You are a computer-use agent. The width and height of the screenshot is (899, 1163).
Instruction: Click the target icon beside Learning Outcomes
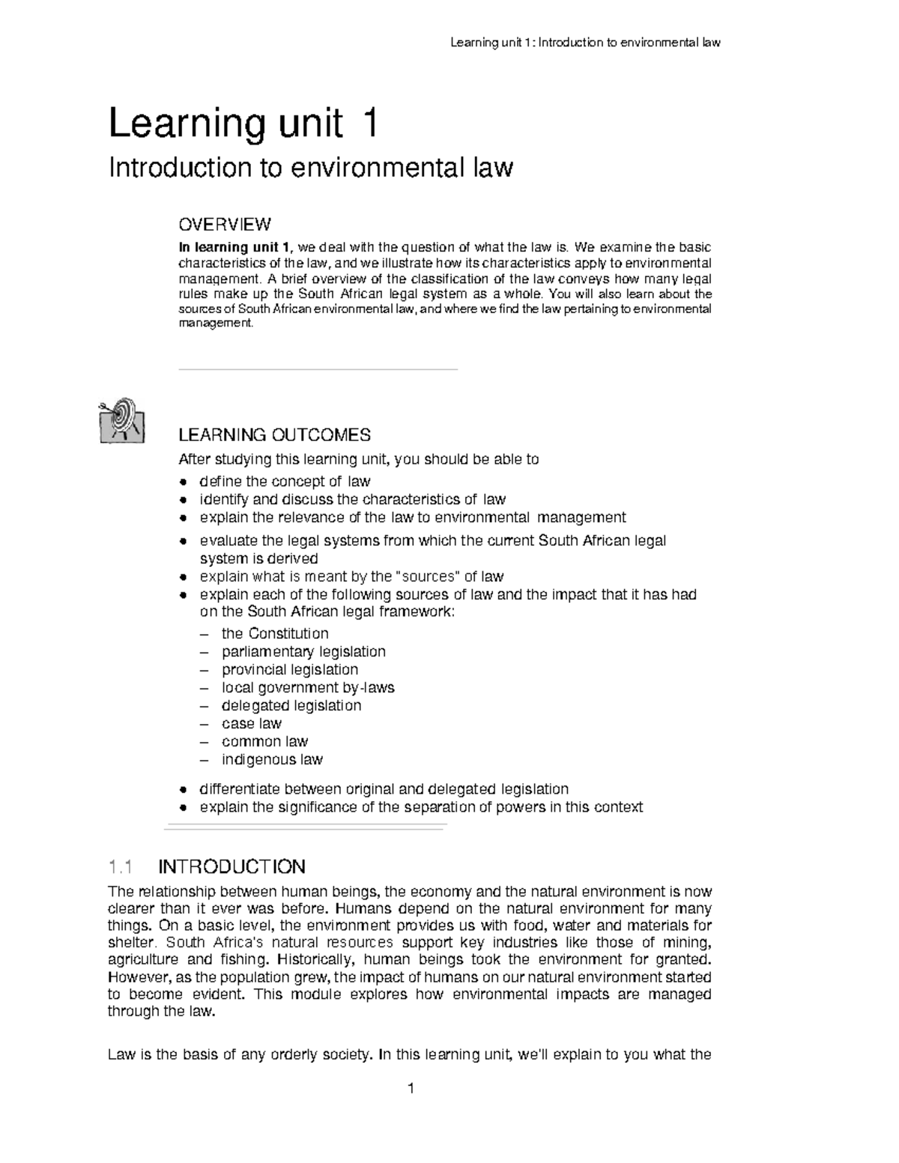121,421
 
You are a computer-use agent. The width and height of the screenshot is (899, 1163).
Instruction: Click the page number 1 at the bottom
411,1088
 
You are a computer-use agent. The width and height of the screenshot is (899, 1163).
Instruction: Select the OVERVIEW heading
224,224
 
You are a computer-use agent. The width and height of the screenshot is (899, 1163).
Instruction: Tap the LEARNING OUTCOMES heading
273,435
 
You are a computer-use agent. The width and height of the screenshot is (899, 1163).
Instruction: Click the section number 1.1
121,867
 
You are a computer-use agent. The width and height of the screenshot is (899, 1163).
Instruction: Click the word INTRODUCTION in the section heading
231,867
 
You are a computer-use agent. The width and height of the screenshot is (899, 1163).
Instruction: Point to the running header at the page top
584,43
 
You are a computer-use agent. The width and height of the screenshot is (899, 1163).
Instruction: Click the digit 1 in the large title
368,124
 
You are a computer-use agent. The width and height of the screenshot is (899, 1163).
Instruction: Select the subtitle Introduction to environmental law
311,168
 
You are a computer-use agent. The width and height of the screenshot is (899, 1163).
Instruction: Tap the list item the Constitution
275,634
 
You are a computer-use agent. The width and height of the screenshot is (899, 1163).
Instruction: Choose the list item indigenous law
272,759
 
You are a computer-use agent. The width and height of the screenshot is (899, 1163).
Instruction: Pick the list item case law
251,723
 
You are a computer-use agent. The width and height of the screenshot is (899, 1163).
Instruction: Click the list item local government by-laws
308,687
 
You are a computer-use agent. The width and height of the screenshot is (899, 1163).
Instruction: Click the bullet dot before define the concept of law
184,482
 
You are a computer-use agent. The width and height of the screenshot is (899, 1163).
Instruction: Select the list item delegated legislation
291,705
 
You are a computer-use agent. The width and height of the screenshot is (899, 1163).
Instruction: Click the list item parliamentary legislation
303,652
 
